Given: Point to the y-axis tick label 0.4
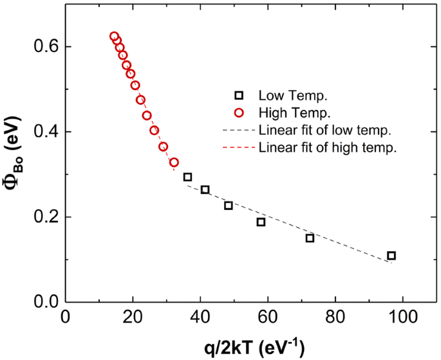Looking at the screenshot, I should (43, 132).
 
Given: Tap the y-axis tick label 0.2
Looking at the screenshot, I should (43, 217).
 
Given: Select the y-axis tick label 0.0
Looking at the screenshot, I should (43, 302).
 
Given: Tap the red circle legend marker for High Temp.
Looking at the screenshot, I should (239, 113).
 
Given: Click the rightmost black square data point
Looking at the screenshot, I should (391, 256).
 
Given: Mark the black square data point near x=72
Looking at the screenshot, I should (310, 238).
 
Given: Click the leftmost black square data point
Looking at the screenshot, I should (187, 177).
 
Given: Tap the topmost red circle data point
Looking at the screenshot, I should (114, 37).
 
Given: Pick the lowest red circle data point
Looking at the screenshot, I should (174, 162).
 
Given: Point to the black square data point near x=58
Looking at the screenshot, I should (261, 222).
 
